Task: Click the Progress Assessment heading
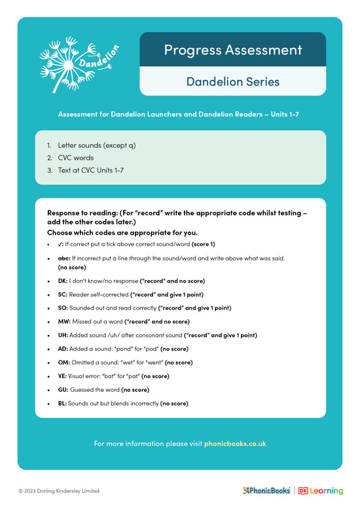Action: pos(232,50)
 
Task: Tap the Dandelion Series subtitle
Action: pos(232,82)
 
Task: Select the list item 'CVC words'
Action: pos(75,158)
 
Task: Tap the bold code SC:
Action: pos(63,294)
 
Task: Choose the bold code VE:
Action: pos(63,376)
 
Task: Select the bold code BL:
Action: pos(63,404)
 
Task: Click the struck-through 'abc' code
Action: pos(64,258)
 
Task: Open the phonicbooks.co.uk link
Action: pos(235,444)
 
